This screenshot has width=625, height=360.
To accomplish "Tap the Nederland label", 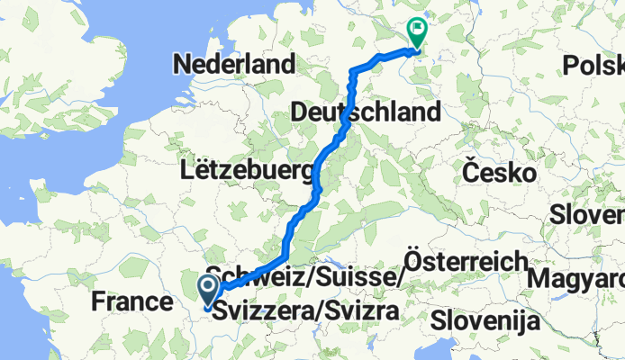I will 236,65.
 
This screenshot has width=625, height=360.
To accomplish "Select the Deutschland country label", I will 366,112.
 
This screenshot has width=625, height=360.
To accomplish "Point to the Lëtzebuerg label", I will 248,169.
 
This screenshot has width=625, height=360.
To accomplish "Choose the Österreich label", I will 466,261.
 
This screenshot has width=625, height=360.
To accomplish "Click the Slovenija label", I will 485,319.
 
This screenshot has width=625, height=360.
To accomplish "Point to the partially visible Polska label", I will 594,65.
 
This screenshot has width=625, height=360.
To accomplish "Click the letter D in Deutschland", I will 301,112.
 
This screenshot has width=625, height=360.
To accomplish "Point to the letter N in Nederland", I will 186,65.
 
